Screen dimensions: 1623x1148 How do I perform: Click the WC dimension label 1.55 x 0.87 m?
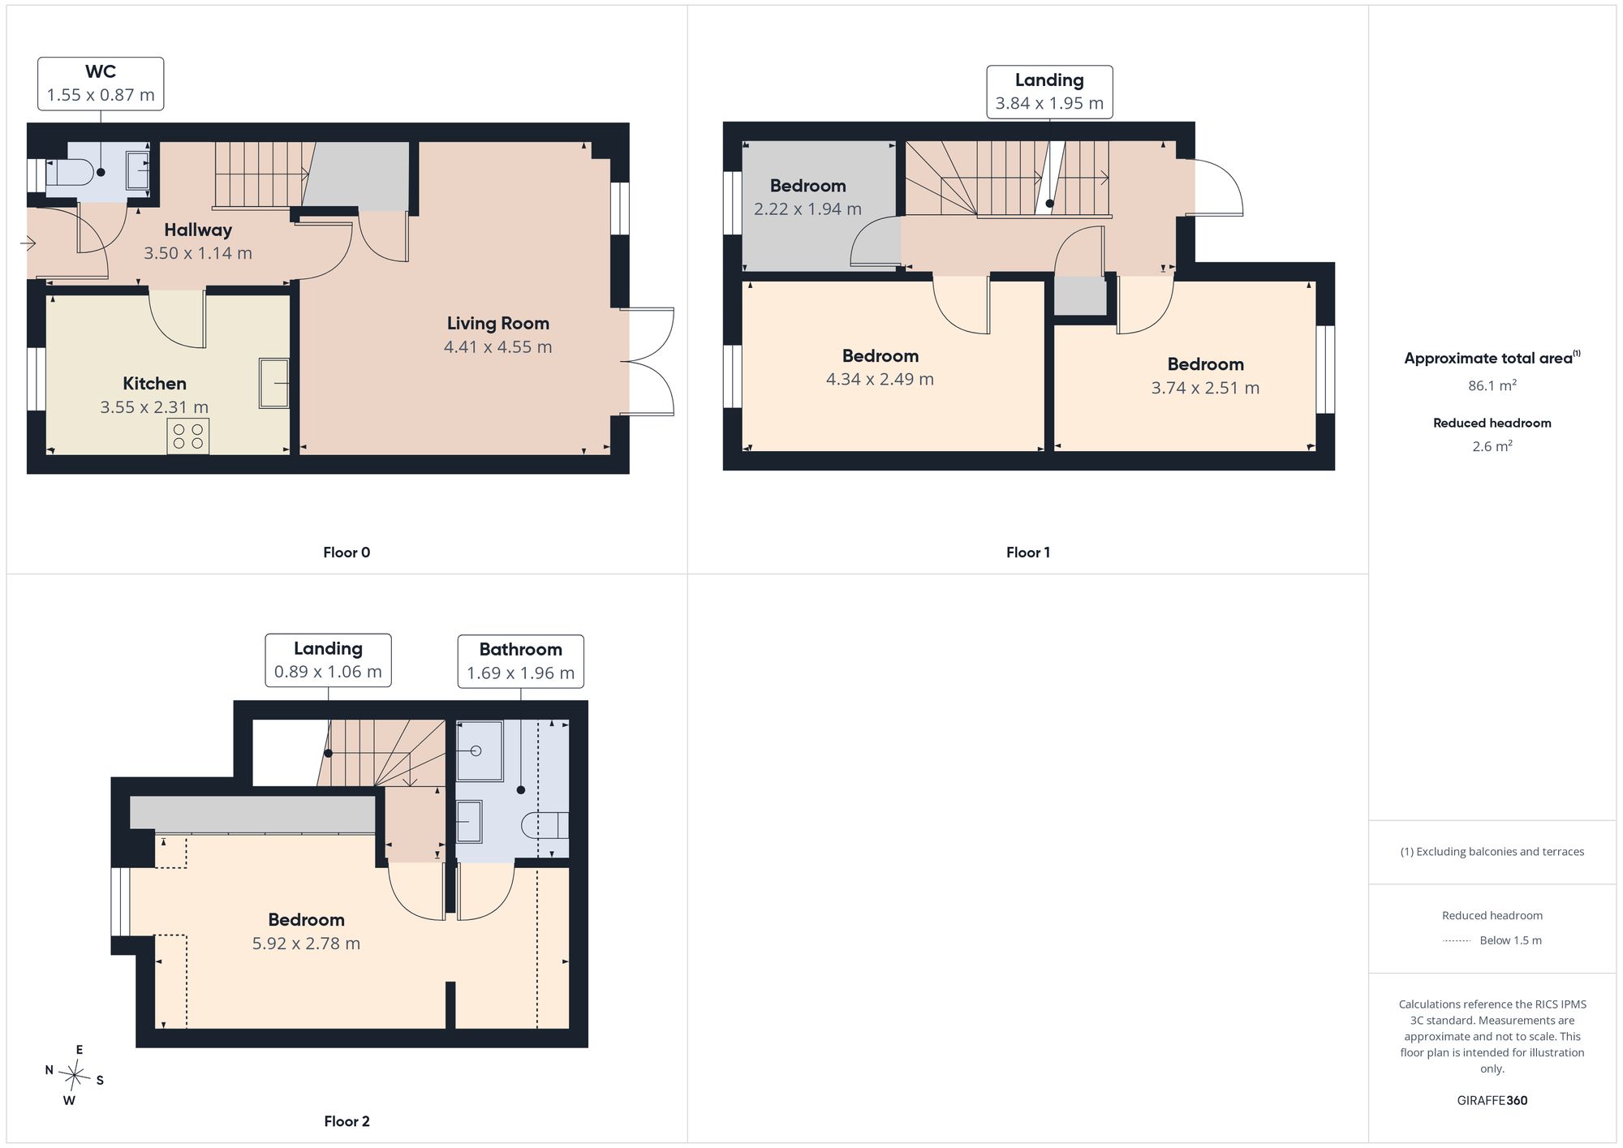(101, 95)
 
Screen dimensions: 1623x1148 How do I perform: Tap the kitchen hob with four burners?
(188, 436)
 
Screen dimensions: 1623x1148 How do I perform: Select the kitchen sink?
(274, 382)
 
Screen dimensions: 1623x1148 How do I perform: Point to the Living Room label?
(498, 323)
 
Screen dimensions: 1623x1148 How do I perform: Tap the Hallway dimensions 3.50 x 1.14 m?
(198, 253)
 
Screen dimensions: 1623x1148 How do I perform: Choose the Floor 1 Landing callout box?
(1049, 92)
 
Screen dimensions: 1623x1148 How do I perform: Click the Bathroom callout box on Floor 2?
(520, 661)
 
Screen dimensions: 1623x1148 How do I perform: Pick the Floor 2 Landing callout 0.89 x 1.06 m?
(328, 660)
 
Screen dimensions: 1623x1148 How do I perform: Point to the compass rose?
(75, 1076)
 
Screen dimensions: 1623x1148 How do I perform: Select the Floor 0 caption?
(347, 553)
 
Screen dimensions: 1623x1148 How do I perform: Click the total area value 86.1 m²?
(1492, 385)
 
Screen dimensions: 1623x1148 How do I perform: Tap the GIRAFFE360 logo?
(1492, 1101)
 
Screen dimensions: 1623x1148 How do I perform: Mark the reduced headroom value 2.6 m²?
(1492, 446)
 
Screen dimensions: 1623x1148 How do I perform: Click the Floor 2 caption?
(347, 1121)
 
